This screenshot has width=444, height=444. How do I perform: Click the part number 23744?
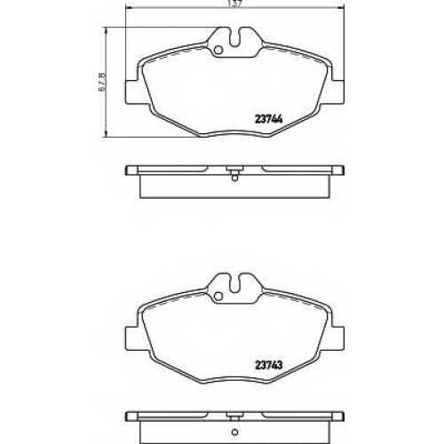[x=269, y=119]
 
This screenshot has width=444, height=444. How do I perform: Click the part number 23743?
[x=269, y=365]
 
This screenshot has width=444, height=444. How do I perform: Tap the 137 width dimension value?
[x=234, y=4]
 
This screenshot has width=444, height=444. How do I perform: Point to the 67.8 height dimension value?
[x=102, y=83]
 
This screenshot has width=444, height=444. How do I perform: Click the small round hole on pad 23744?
[x=218, y=51]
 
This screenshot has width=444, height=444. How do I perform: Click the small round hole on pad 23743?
[x=218, y=297]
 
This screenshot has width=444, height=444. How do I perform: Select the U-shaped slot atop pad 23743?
[x=235, y=283]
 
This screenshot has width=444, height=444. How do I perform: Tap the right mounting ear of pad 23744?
[x=337, y=92]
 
